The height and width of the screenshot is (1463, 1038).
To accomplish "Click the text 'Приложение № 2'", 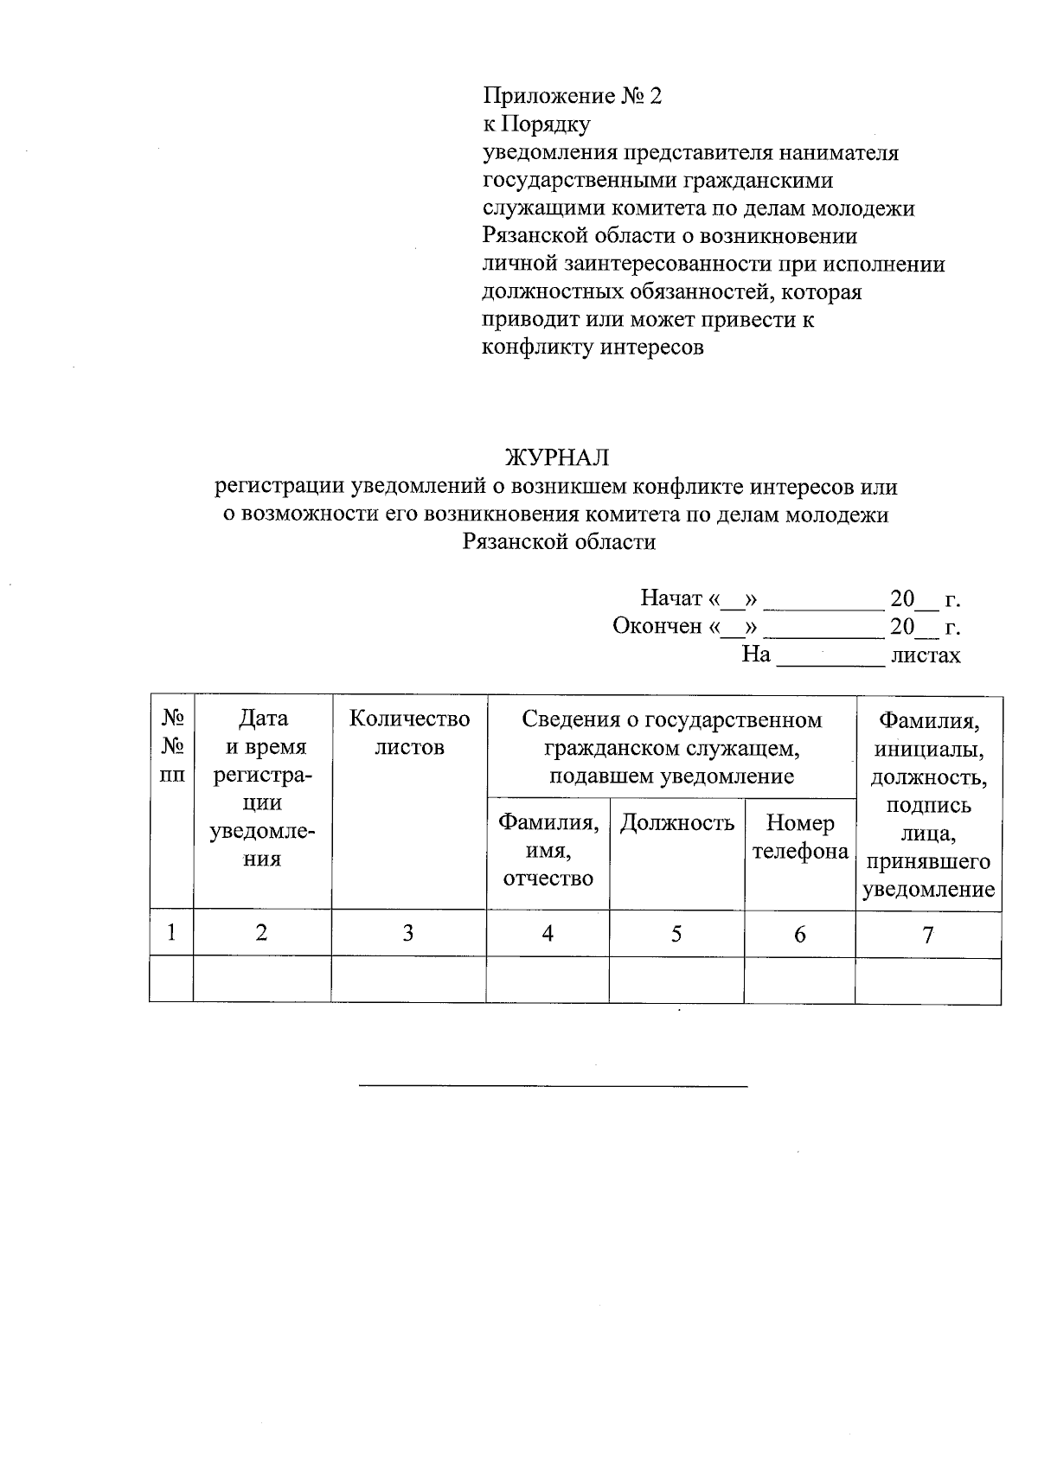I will pos(572,96).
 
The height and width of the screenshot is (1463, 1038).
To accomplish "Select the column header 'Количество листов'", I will pos(409,733).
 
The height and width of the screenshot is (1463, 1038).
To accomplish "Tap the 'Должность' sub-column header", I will pos(677,823).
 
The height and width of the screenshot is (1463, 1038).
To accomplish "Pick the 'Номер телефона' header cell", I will pos(800,838).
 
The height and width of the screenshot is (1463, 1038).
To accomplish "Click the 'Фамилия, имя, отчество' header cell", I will pos(548,851).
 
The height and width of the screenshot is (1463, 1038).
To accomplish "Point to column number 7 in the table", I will pos(928,934).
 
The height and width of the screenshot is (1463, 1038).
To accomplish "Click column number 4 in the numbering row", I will pos(548,933).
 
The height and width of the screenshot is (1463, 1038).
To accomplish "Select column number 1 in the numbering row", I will pos(172,932).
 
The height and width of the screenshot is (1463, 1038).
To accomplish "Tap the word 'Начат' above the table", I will pos(670,598).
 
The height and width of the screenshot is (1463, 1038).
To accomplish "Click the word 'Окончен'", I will pos(657,626).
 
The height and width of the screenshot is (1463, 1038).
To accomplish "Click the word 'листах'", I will pos(925,655).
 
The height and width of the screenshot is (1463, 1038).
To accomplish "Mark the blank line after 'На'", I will pos(830,661).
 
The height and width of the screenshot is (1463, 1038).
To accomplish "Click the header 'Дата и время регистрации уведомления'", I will pos(262,789).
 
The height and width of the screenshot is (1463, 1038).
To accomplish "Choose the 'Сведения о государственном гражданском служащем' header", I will pos(672,748).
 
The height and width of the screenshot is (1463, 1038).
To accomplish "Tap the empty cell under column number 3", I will pos(408,979).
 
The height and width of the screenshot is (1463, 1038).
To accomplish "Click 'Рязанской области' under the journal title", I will pos(559,542).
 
